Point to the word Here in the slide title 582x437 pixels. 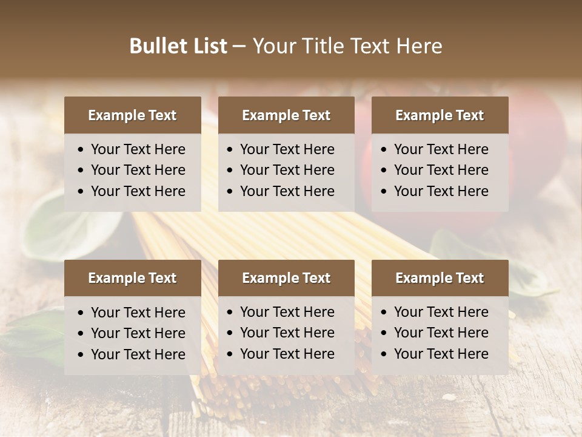(419, 46)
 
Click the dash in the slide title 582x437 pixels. (239, 47)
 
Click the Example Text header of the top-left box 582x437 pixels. (132, 115)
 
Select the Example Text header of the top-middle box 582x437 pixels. (286, 115)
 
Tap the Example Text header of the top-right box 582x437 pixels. (440, 115)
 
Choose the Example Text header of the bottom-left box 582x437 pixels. (132, 278)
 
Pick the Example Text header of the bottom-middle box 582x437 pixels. (286, 278)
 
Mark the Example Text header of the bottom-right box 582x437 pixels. (440, 278)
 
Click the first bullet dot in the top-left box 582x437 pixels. (81, 150)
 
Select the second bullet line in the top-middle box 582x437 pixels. (287, 170)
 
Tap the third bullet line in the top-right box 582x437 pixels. (441, 191)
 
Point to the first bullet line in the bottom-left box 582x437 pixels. (138, 313)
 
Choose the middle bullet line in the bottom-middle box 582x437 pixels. (287, 333)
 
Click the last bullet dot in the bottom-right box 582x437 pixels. (384, 354)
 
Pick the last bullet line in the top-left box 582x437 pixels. (138, 191)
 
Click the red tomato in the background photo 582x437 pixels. (533, 152)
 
